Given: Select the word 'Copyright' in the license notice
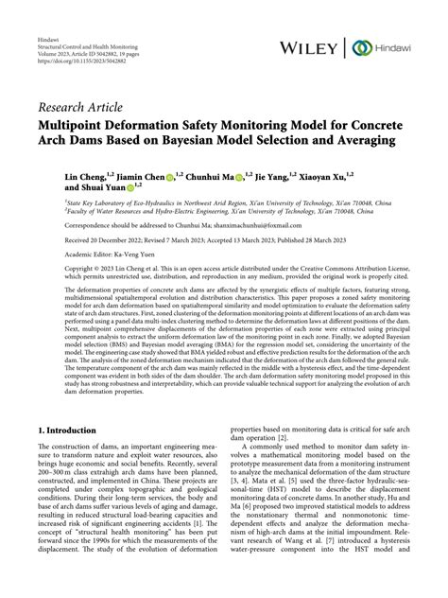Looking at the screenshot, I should (56, 270).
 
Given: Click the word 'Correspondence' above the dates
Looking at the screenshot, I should (64, 226).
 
